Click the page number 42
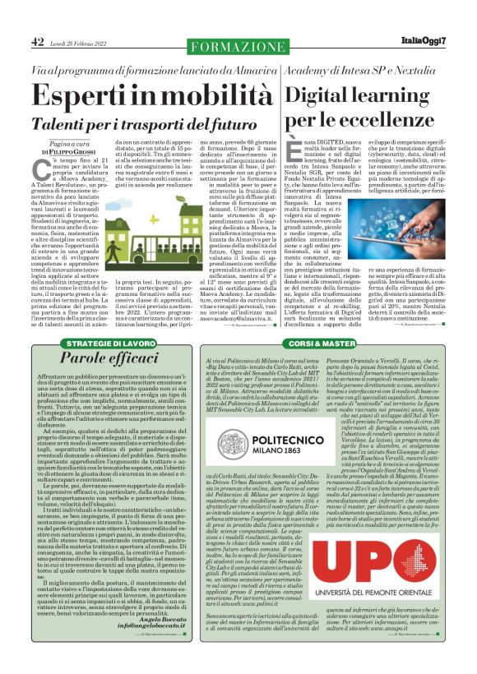(x=38, y=42)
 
